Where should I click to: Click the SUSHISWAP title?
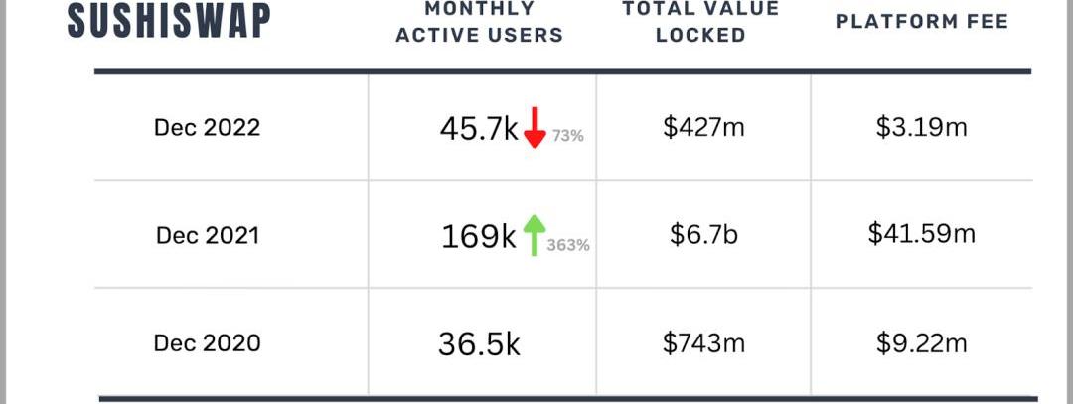click(169, 20)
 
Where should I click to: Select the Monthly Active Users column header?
click(479, 22)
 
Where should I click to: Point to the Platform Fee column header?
click(922, 21)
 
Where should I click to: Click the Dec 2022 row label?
click(207, 127)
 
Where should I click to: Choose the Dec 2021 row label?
click(207, 235)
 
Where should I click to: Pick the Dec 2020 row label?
click(207, 343)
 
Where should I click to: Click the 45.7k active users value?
click(479, 129)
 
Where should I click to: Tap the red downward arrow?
click(535, 127)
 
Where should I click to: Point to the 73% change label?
click(567, 137)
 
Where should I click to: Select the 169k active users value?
click(479, 236)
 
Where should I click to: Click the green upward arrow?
click(534, 234)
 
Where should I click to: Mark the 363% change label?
click(568, 245)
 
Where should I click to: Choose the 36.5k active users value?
click(479, 344)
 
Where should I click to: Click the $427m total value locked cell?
click(703, 127)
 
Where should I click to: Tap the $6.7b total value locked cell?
click(703, 235)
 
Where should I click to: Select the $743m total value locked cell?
click(703, 343)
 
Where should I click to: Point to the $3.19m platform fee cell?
click(922, 127)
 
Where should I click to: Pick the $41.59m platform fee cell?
click(922, 235)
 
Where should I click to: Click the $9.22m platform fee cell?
click(922, 343)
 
